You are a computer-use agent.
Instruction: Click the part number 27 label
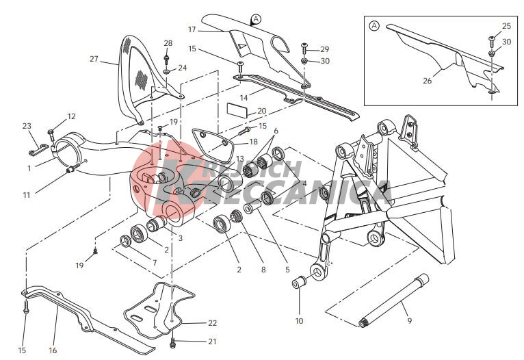click(x=94, y=59)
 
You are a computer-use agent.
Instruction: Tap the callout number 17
click(x=192, y=29)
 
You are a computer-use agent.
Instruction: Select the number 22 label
click(x=213, y=323)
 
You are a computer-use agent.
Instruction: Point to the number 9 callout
click(x=410, y=321)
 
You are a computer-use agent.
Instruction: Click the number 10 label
click(x=299, y=321)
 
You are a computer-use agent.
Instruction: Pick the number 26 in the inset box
click(x=428, y=81)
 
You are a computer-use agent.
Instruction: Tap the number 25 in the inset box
click(x=507, y=26)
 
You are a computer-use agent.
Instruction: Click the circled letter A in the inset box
click(x=374, y=25)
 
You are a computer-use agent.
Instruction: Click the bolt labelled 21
click(x=173, y=342)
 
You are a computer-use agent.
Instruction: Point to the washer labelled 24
click(x=166, y=71)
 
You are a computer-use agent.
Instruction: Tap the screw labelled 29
click(x=304, y=48)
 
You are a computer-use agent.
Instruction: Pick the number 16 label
click(x=53, y=350)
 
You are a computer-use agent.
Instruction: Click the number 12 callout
click(x=72, y=116)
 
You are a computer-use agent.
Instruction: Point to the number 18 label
click(x=254, y=142)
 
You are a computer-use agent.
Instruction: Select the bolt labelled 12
click(x=51, y=135)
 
